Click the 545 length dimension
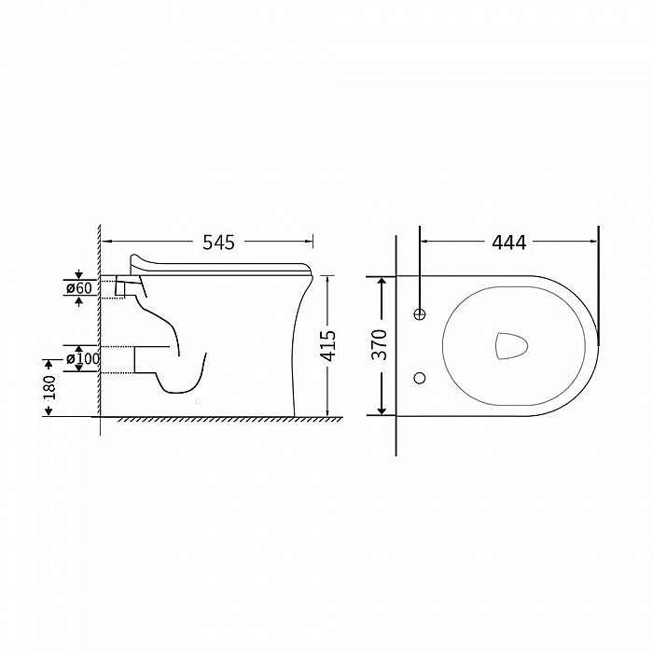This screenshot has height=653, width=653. pyautogui.click(x=218, y=242)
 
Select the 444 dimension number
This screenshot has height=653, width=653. pyautogui.click(x=509, y=242)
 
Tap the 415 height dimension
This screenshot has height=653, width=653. pyautogui.click(x=328, y=346)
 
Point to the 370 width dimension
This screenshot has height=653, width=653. pyautogui.click(x=380, y=345)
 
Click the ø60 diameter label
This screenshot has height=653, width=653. pyautogui.click(x=79, y=287)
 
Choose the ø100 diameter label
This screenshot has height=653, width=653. pyautogui.click(x=83, y=358)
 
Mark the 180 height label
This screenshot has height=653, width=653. pyautogui.click(x=49, y=387)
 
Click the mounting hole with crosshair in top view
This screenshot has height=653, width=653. pyautogui.click(x=420, y=314)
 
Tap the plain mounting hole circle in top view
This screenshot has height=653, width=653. pyautogui.click(x=420, y=378)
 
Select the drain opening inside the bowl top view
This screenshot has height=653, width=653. pyautogui.click(x=511, y=346)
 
